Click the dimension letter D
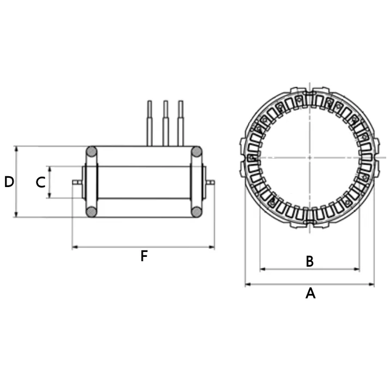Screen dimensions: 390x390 point(9,182)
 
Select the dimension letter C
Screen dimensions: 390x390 point(40,182)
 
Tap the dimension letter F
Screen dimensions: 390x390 point(144,256)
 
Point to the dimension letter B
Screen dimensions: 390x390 point(310,261)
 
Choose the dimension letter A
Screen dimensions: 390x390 point(310,293)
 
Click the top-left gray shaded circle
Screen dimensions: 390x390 point(92,152)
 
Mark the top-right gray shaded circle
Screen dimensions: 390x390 point(197,152)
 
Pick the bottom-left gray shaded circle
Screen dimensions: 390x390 point(92,212)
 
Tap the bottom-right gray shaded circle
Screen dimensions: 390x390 point(197,212)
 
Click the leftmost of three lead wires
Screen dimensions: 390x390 point(149,123)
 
